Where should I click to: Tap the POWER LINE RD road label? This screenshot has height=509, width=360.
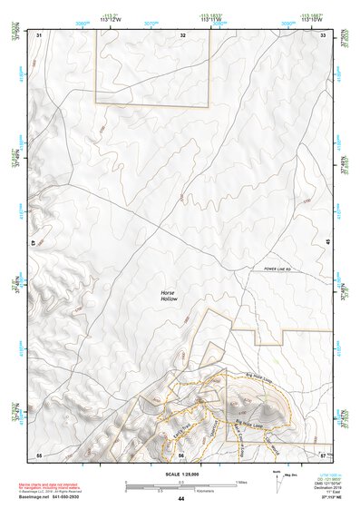coord(280,269)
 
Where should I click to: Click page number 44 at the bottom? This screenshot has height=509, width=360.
coord(180,500)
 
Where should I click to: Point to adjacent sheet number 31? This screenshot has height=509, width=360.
coord(39,34)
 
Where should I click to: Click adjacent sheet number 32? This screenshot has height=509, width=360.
coord(182,34)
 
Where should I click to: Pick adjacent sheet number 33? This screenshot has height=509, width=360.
coord(323,34)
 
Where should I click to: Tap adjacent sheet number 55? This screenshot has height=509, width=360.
coord(39,454)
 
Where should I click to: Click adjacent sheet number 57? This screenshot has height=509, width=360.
coord(323,454)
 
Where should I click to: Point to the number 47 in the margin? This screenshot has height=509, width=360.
coord(34,243)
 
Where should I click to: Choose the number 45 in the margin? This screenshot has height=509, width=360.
coord(327,240)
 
